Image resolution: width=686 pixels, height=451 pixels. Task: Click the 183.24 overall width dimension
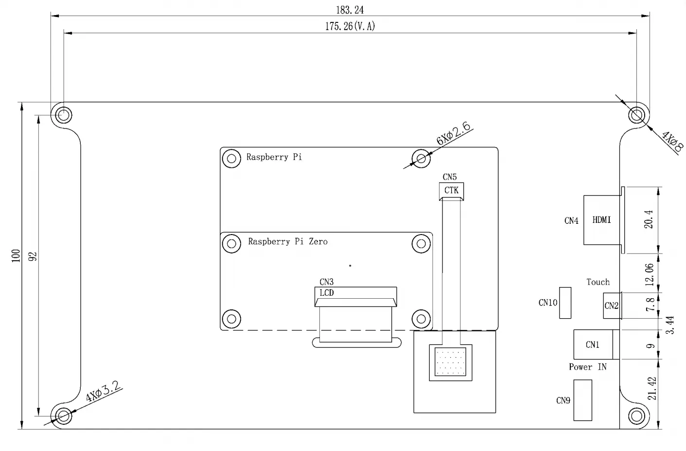point(350,10)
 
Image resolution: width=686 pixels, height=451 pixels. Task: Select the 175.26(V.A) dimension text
point(350,26)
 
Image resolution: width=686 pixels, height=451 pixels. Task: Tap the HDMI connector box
point(602,220)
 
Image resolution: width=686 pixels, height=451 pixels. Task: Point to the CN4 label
point(571,221)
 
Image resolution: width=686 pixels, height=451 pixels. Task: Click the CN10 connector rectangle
point(565,303)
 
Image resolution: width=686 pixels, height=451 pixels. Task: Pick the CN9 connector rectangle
point(582,400)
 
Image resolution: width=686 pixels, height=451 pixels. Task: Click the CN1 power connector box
point(593,344)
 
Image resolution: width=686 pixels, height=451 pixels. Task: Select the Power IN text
point(587,367)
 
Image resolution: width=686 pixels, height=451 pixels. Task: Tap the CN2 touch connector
point(611,306)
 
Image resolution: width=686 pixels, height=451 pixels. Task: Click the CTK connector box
point(451,190)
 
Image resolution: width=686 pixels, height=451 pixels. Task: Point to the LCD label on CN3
point(327,293)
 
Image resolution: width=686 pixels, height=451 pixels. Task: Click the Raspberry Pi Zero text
point(287,241)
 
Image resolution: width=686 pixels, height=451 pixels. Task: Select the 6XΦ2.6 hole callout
point(454,134)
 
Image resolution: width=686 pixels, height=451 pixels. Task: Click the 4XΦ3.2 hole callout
point(103,391)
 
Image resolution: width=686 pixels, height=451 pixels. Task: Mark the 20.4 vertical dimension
point(649,219)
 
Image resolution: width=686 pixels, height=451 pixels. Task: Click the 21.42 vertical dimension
point(652,388)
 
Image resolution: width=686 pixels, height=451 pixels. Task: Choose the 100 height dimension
point(16,256)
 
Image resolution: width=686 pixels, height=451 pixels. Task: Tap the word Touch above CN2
point(598,282)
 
